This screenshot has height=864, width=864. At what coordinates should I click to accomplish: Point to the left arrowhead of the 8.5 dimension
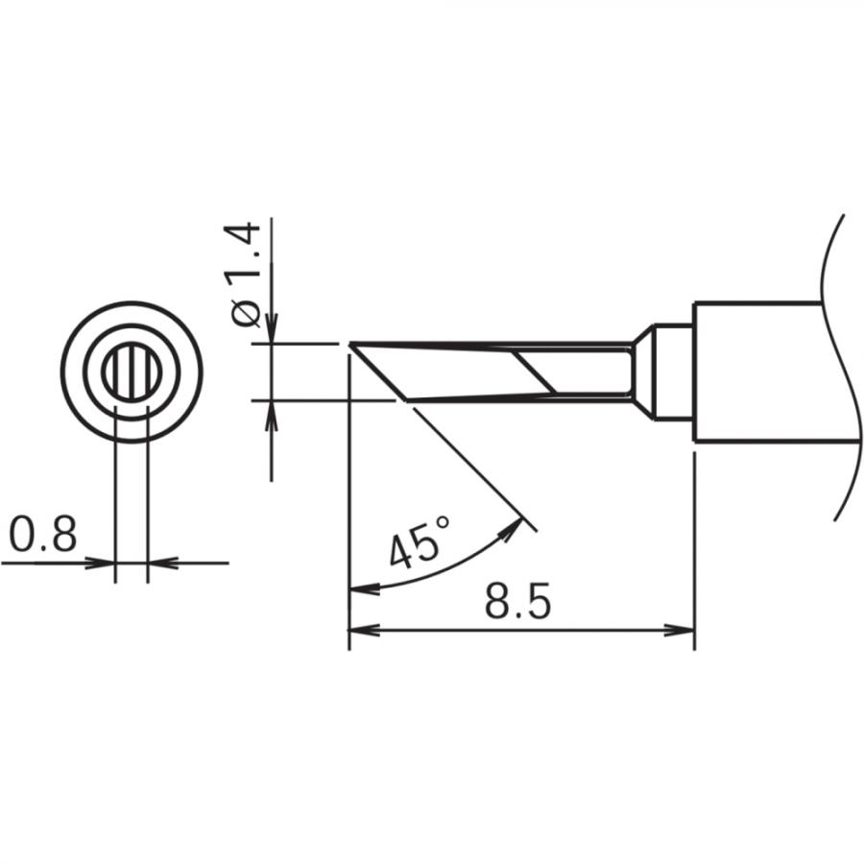[360, 631]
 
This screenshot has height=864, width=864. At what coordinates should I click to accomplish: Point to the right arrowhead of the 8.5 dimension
[682, 631]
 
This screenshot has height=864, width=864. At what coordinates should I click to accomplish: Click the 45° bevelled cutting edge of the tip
[379, 374]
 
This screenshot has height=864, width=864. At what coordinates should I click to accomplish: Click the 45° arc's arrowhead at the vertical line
[360, 588]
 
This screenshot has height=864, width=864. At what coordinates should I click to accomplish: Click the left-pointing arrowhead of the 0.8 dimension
[159, 563]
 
